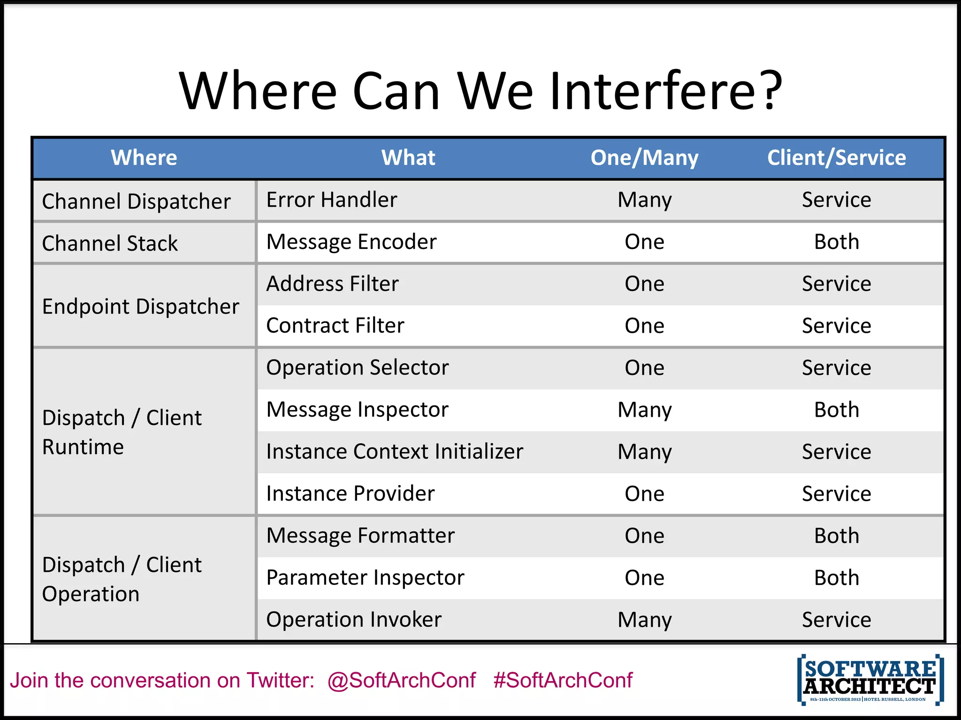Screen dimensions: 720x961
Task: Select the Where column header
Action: point(144,157)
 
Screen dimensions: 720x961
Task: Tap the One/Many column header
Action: point(644,157)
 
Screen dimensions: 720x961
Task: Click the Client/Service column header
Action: point(836,157)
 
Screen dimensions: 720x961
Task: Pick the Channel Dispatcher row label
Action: point(136,202)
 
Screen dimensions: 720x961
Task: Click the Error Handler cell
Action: point(331,200)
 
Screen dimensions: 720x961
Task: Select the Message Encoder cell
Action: point(351,242)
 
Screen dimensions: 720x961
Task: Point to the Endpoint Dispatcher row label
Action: point(140,307)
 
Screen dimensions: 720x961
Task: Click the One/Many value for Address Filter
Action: point(644,284)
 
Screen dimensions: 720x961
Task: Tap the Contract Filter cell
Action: point(335,326)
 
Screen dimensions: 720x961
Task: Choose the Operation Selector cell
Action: point(357,367)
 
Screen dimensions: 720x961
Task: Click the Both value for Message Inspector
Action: point(836,410)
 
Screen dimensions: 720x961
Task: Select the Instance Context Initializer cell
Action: point(394,452)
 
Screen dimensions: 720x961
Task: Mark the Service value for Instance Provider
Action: point(836,494)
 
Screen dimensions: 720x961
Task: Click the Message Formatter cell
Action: point(360,536)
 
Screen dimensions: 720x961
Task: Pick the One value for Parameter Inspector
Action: point(644,577)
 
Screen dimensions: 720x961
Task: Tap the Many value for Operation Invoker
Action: point(644,620)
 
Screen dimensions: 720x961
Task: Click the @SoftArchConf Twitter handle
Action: point(401,680)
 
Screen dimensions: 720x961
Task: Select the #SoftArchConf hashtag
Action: point(563,680)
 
